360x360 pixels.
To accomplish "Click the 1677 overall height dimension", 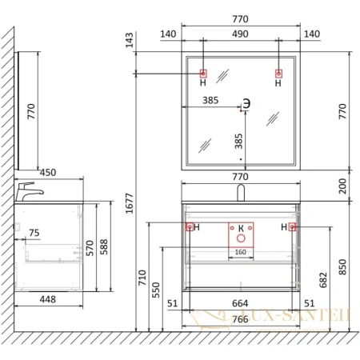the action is point(130,203).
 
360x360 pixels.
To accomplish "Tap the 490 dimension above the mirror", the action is point(240,34).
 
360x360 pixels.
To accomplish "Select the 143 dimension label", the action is point(130,40).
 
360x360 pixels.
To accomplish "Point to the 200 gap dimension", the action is point(342,186).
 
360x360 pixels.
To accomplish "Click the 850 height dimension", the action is point(342,267).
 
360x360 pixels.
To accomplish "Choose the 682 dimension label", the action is point(323,280).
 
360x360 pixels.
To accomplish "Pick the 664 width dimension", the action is point(240,303).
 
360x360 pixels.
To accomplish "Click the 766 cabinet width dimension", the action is point(240,319).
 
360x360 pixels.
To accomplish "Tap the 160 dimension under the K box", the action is point(241,252).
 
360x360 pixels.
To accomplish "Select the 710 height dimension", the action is point(142,278).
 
